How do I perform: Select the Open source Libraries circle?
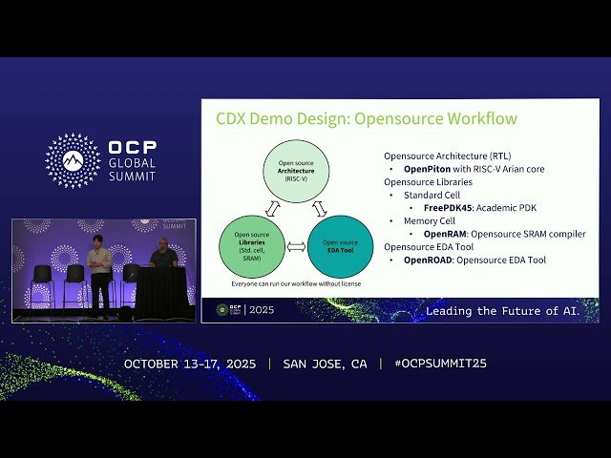(x=252, y=246)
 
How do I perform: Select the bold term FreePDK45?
(x=451, y=207)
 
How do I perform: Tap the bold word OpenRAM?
(x=444, y=234)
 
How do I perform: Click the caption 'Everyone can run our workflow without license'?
(x=296, y=284)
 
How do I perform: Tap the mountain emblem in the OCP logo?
(x=73, y=160)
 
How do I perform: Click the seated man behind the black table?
(x=163, y=255)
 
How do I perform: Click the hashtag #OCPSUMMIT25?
(x=432, y=364)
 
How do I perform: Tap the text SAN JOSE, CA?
(x=325, y=364)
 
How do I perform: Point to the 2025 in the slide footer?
(x=262, y=310)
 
